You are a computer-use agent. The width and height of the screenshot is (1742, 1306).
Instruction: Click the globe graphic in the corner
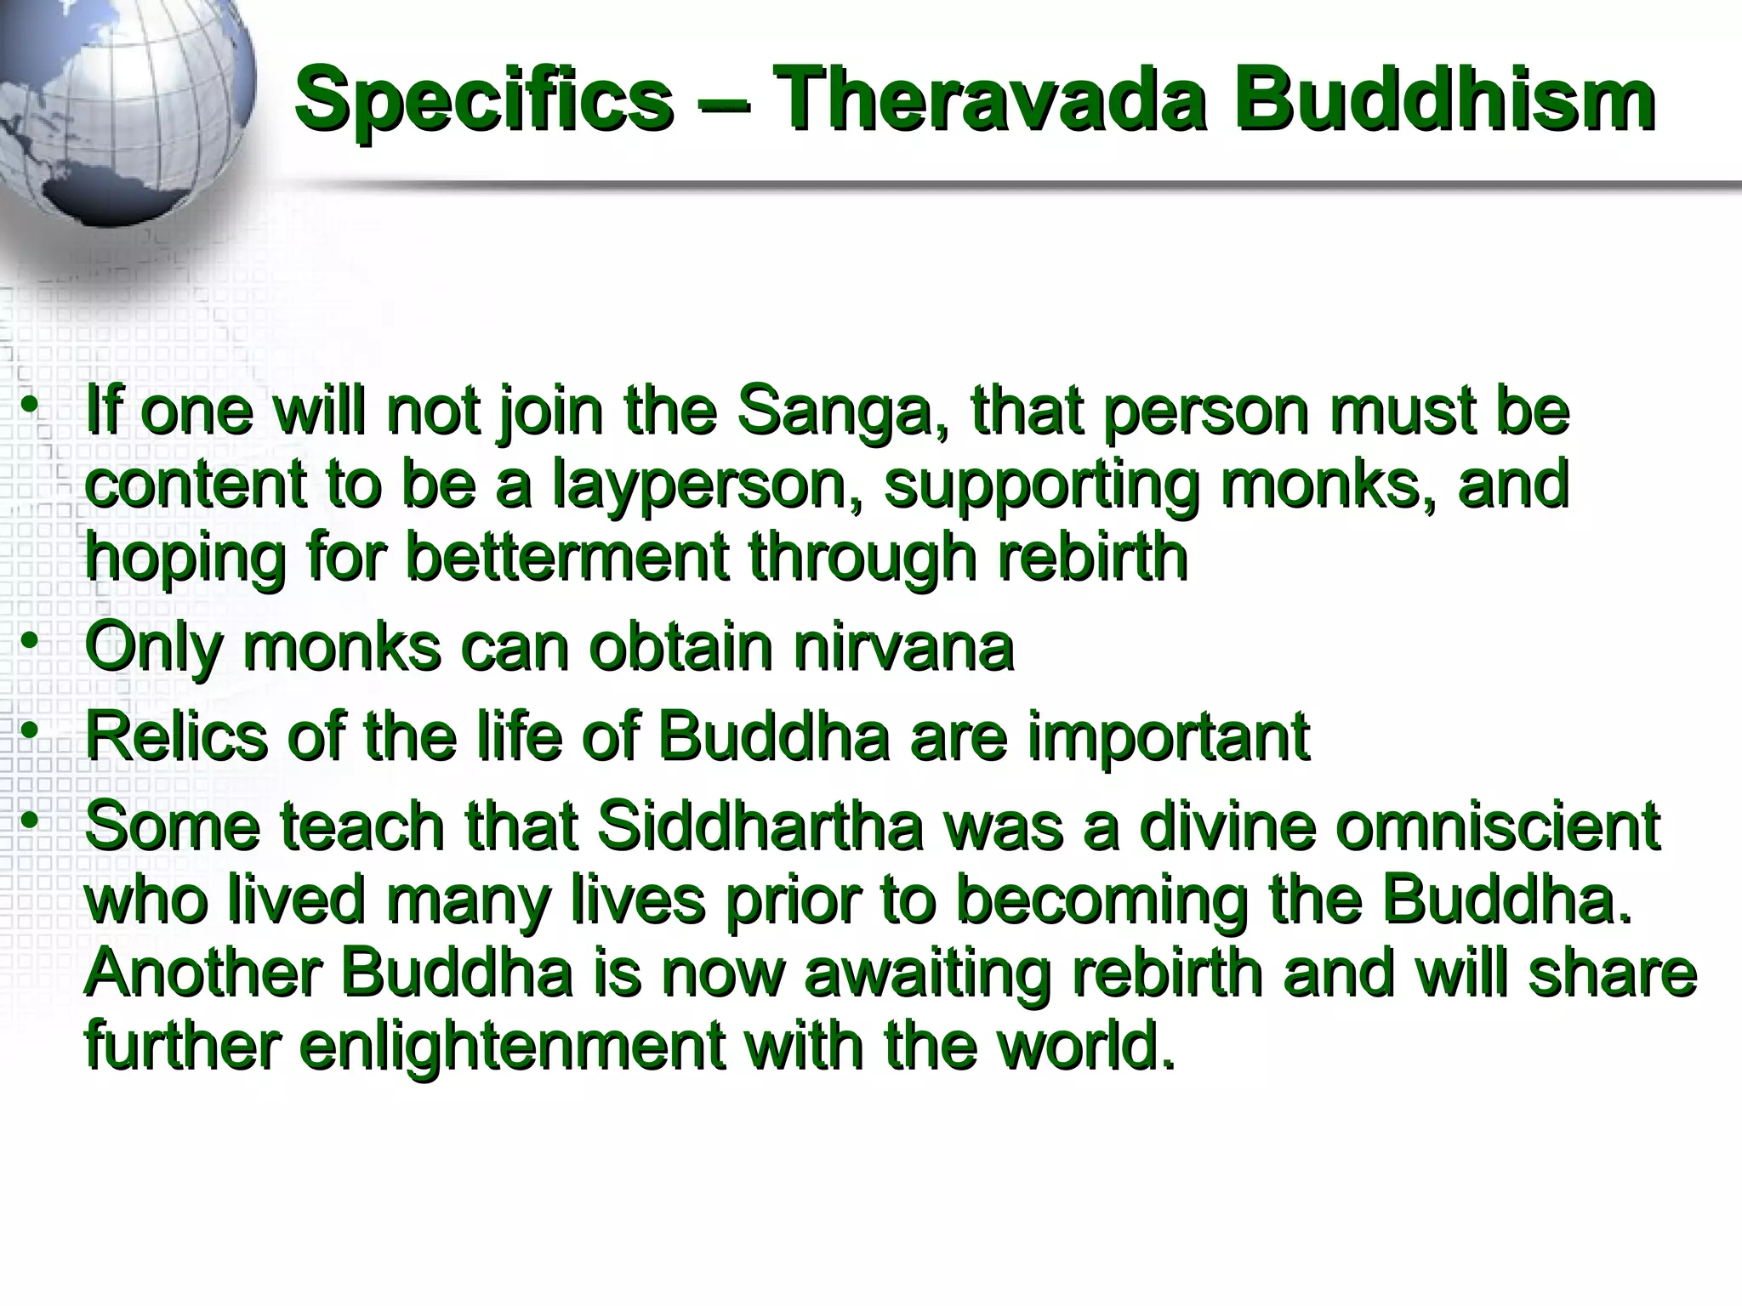click(x=119, y=102)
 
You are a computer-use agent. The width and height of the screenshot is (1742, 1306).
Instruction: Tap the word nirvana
click(x=903, y=647)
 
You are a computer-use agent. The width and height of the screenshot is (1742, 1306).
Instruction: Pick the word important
click(x=1168, y=738)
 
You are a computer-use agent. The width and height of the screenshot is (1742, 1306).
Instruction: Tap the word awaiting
click(x=926, y=974)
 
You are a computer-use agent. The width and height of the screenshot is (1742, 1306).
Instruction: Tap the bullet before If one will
click(x=31, y=405)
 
